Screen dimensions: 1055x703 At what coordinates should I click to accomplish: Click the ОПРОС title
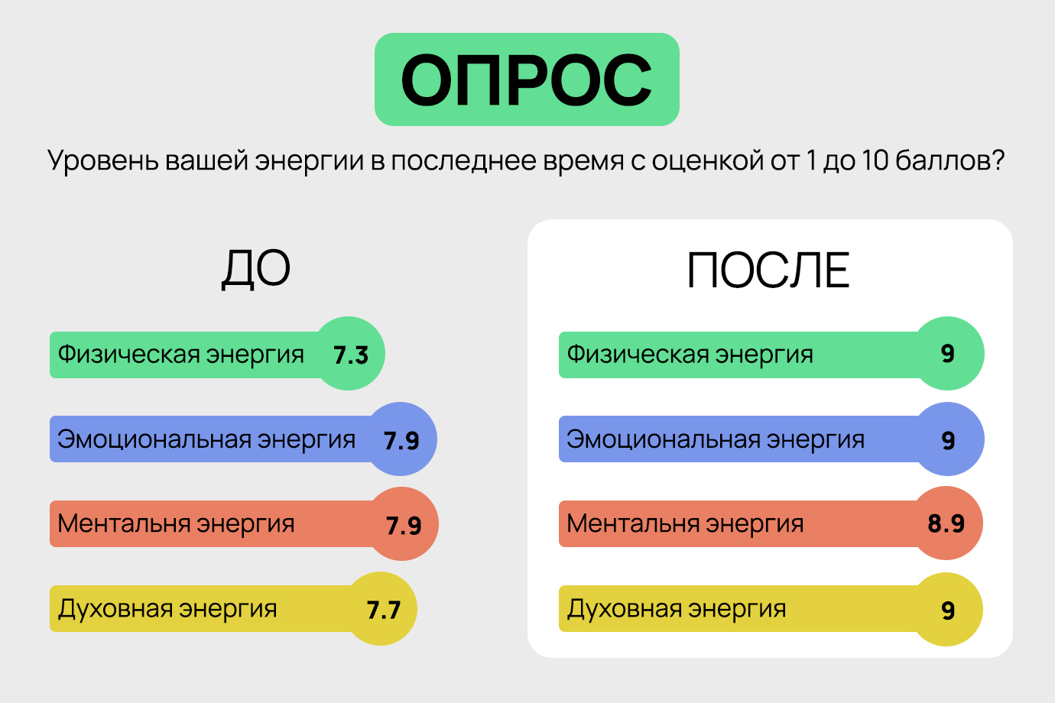[527, 79]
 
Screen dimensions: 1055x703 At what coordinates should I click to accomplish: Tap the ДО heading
[256, 269]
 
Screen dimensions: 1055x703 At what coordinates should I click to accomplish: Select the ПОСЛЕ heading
[768, 271]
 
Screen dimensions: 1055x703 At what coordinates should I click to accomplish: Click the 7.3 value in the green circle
[351, 355]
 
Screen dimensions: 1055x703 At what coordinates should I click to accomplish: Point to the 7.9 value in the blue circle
[401, 441]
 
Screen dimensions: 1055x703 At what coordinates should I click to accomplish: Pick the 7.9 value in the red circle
[404, 526]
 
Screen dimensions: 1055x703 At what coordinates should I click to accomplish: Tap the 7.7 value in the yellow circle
[383, 611]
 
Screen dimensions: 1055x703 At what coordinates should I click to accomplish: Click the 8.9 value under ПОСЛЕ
[946, 523]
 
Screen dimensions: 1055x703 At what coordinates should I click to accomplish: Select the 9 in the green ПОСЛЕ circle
[948, 354]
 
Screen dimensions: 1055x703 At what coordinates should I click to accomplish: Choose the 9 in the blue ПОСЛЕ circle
[948, 441]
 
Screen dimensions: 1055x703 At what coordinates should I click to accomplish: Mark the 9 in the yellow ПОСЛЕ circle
[948, 611]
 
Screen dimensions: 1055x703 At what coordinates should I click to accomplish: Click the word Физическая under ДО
[128, 354]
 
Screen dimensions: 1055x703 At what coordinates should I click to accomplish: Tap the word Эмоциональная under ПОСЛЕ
[663, 440]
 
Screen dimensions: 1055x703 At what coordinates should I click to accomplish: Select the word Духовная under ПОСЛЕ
[624, 609]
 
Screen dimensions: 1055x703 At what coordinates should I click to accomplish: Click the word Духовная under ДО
[115, 609]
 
